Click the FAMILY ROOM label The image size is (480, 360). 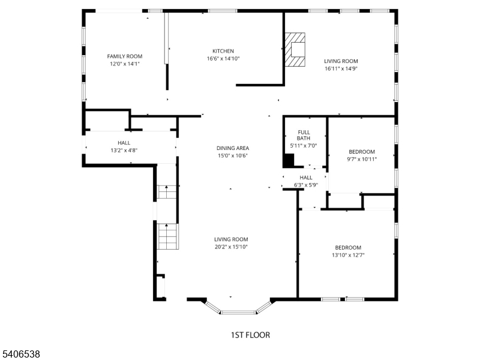pos(125,56)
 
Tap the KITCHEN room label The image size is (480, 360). pos(223,51)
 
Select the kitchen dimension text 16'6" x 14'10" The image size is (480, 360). pos(223,58)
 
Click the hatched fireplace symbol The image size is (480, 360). pos(295,50)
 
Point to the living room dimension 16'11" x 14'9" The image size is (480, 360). pos(341,68)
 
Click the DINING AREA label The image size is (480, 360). pos(233,148)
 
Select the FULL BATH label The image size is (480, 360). pos(304,135)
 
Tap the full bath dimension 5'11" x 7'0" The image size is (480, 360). pos(304,146)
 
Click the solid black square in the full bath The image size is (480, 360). pos(289,160)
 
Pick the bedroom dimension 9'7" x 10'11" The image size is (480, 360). pos(362,159)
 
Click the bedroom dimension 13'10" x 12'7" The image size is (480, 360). pos(348,255)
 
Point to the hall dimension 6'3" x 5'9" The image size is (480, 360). pos(306,185)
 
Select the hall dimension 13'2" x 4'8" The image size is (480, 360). pos(124,151)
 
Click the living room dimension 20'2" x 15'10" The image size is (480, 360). pos(231,247)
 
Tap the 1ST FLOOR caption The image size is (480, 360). pos(250,335)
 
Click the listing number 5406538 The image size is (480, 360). pos(20,354)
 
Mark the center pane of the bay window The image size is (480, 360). pos(238,312)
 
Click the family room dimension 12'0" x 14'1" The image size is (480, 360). pos(125,64)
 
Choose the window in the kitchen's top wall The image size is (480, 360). pos(223,11)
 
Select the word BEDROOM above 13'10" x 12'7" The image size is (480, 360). pos(348,248)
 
